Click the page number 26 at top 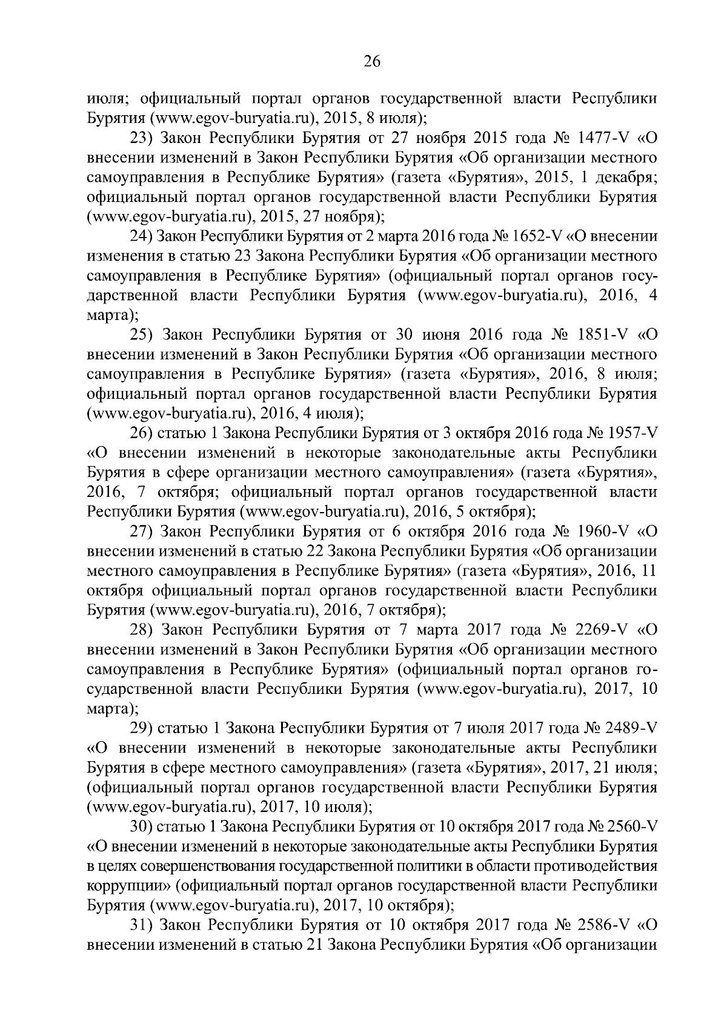click(x=371, y=61)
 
